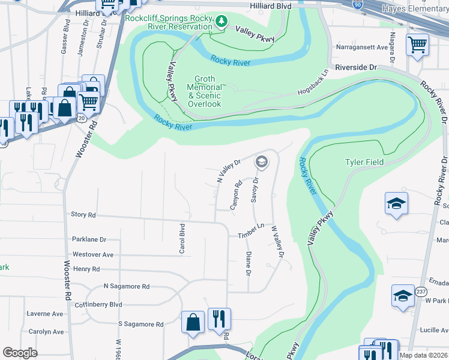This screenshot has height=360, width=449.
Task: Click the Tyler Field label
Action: point(364,163)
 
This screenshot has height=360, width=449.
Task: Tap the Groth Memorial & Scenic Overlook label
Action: point(205,92)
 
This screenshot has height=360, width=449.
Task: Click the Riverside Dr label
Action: point(355,68)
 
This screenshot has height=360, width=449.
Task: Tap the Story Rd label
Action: point(83,214)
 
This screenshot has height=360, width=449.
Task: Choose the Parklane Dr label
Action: point(88,239)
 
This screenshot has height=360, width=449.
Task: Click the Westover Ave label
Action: point(92,254)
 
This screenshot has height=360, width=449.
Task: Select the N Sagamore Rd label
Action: point(126,287)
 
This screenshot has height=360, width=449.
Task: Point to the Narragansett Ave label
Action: point(363,47)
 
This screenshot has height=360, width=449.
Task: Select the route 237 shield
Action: point(421,291)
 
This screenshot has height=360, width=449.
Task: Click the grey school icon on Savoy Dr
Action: point(261,161)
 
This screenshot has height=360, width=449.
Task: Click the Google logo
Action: point(20,352)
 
